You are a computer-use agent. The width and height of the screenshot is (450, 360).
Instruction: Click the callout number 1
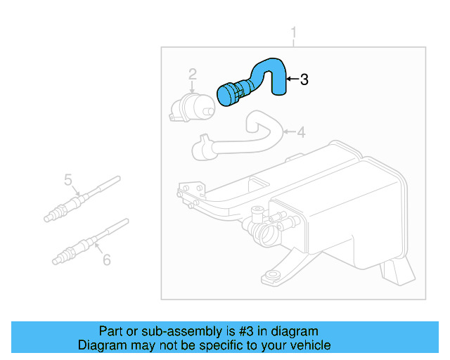point(295,32)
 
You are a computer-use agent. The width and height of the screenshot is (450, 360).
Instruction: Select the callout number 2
point(192,73)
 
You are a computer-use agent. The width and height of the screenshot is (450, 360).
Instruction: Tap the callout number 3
point(304,79)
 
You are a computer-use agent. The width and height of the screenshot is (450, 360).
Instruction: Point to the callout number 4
point(301,132)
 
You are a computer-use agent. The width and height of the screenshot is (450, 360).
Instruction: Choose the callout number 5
point(69,180)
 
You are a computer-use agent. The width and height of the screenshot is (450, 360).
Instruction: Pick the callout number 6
point(106,260)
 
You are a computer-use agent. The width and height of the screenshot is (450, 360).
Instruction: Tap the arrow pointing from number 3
point(292,79)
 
